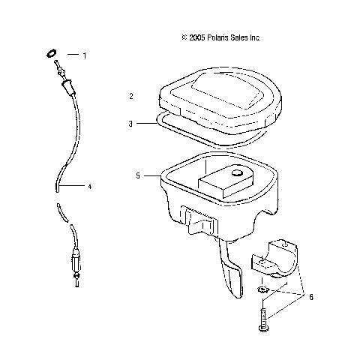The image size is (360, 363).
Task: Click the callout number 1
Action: pos(85,55)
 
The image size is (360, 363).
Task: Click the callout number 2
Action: pos(131,97)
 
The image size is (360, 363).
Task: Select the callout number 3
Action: pos(131,123)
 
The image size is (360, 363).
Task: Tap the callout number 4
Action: pos(89,186)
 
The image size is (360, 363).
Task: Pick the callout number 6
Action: pos(311,297)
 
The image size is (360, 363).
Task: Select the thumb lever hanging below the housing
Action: pos(232,277)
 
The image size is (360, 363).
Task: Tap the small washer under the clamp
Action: pos(262,289)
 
